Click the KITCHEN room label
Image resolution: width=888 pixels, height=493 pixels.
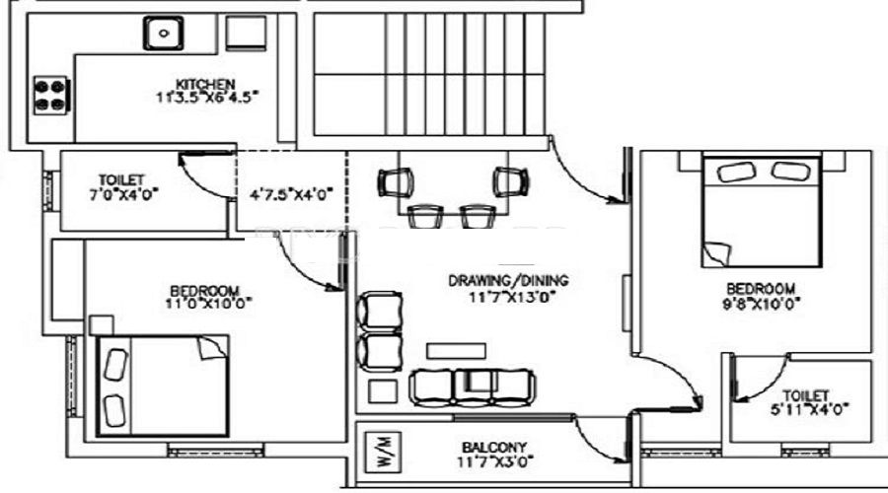pyautogui.click(x=205, y=83)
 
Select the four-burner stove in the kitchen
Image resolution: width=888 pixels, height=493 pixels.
pyautogui.click(x=49, y=95)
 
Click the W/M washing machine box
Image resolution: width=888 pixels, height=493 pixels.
pyautogui.click(x=383, y=451)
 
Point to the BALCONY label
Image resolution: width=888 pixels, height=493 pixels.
pyautogui.click(x=490, y=446)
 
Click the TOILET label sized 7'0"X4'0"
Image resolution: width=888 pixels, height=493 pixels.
pyautogui.click(x=121, y=180)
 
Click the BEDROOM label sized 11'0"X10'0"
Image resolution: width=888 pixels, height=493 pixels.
pyautogui.click(x=204, y=291)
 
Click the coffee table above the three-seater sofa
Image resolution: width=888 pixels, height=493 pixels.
pyautogui.click(x=453, y=351)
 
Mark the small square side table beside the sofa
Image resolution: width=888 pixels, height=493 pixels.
pyautogui.click(x=380, y=390)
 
